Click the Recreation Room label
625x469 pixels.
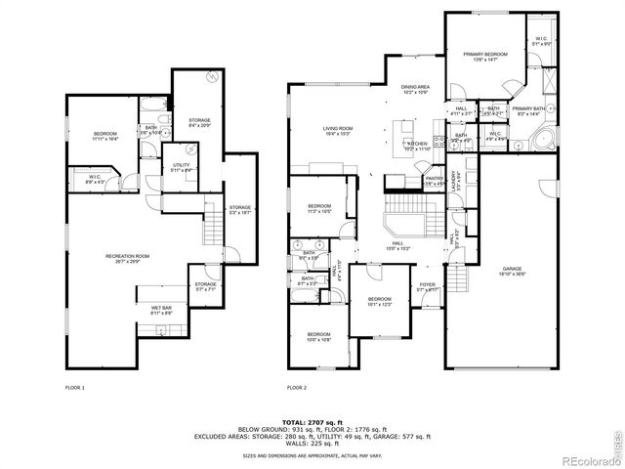coord(126,259)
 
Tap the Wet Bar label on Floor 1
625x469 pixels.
coord(162,310)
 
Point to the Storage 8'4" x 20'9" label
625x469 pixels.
coord(198,123)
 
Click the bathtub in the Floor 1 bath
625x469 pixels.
coord(153,104)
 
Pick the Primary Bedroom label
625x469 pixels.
coord(479,58)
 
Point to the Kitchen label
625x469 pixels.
coord(418,147)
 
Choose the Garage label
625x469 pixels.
coord(513,271)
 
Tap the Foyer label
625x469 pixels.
coord(428,288)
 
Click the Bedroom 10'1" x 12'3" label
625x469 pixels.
coord(379,302)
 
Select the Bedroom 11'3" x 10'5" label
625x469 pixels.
coord(319,208)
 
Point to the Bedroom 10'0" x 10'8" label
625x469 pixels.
coord(319,337)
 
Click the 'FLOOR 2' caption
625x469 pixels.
coord(298,388)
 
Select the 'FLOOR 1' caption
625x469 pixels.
coord(74,388)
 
